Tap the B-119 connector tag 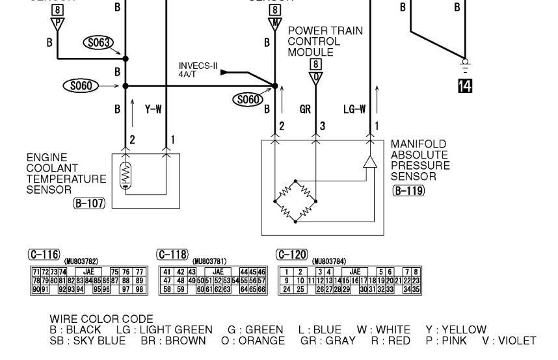pyautogui.click(x=408, y=191)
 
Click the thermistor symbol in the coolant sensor pyautogui.click(x=127, y=176)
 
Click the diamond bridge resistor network pyautogui.click(x=296, y=201)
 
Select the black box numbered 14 pyautogui.click(x=464, y=84)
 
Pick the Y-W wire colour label pyautogui.click(x=153, y=110)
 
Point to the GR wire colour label pyautogui.click(x=305, y=110)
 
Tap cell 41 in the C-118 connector pyautogui.click(x=168, y=271)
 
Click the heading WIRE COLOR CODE pyautogui.click(x=101, y=320)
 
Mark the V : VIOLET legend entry pyautogui.click(x=509, y=341)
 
